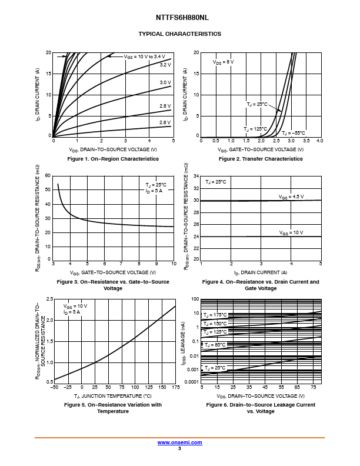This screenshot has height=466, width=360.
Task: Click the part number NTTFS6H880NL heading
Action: point(179,18)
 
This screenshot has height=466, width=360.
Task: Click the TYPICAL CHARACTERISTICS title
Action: point(179,34)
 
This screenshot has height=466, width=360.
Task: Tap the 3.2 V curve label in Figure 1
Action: point(165,65)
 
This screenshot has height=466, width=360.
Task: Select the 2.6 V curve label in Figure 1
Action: point(165,122)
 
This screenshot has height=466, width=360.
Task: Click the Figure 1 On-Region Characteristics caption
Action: point(113,159)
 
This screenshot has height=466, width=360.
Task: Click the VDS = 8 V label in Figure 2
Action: point(223,62)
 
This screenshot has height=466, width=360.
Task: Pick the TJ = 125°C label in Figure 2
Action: point(255,128)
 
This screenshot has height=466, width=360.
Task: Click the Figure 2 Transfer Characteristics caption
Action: point(261,159)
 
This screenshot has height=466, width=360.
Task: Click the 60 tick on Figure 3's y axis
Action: point(48,176)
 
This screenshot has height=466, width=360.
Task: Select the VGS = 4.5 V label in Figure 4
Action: point(291,196)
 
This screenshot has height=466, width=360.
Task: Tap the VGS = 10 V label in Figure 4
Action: point(291,232)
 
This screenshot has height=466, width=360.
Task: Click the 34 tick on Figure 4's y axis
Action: point(196,176)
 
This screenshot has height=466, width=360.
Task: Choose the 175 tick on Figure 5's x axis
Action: point(175,387)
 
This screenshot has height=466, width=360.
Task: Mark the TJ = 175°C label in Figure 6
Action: point(215,315)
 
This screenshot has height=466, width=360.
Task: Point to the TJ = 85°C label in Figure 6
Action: point(215,345)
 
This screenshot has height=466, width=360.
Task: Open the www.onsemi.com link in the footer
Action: point(179,442)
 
